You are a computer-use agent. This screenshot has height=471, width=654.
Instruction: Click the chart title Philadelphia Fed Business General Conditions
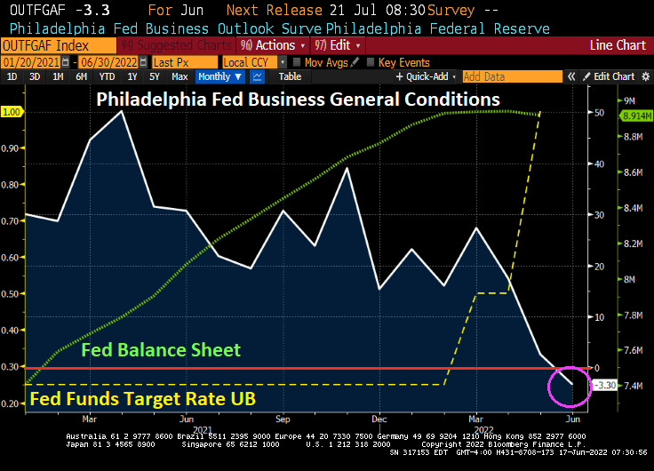point(298,100)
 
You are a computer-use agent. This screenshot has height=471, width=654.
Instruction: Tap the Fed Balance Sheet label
point(161,350)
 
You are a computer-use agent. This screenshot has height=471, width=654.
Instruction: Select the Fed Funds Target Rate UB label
point(143,400)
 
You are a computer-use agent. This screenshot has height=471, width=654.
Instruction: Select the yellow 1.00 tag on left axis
point(12,112)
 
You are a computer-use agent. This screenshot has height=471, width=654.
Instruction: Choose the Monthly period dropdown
point(219,76)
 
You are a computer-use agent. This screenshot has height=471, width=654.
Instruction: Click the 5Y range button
point(155,76)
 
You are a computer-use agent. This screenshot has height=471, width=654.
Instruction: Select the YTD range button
point(107,76)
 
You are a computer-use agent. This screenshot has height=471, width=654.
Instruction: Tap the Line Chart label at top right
point(618,45)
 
